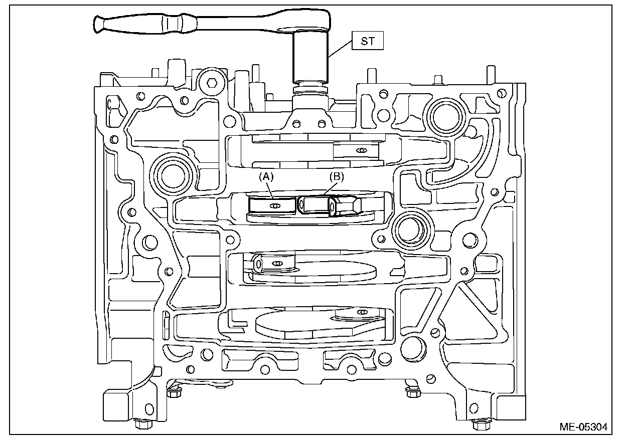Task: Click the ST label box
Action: [367, 41]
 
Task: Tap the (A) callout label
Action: [266, 176]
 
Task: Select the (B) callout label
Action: [337, 176]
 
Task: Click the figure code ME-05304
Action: [583, 427]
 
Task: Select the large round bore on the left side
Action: [173, 173]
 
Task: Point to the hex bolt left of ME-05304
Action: [476, 424]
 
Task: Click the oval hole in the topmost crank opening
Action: [359, 149]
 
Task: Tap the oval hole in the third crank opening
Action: [275, 263]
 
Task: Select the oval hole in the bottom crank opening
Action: [361, 313]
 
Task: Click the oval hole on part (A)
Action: [274, 206]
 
